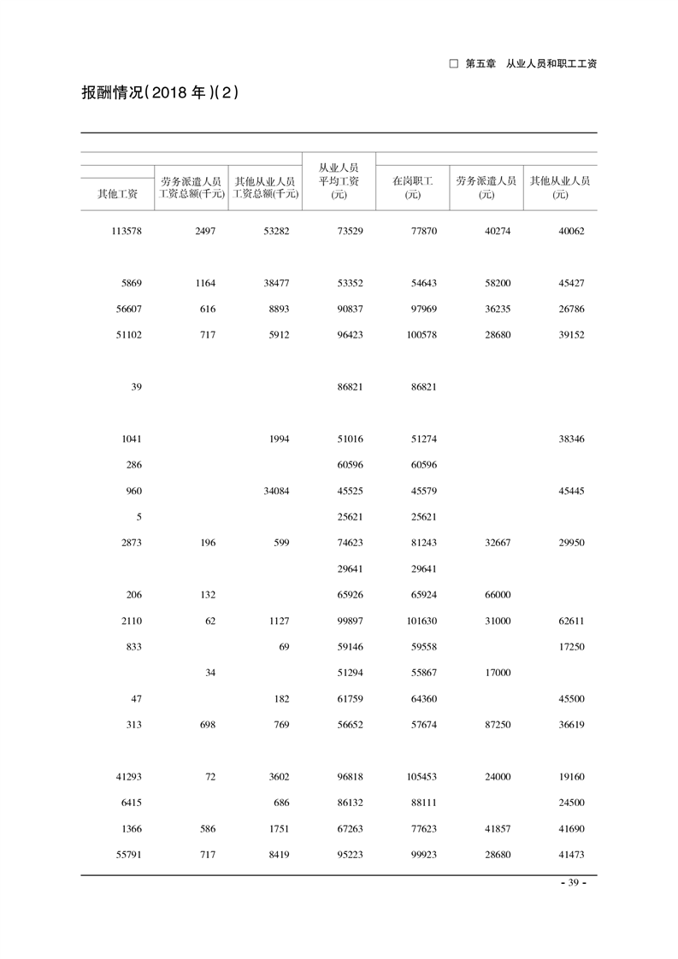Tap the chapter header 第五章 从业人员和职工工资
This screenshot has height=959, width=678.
click(523, 63)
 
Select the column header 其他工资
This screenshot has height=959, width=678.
click(118, 194)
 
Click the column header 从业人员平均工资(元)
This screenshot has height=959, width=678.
click(339, 181)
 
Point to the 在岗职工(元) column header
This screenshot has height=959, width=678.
click(413, 187)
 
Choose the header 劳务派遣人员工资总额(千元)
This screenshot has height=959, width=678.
click(192, 187)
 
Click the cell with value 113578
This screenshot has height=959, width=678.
click(126, 231)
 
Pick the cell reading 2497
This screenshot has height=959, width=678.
click(204, 231)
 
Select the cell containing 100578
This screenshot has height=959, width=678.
click(420, 335)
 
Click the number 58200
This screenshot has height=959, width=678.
click(496, 283)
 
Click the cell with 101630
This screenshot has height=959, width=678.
click(420, 621)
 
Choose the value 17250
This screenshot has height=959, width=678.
click(570, 647)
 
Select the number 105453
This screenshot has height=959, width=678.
click(420, 777)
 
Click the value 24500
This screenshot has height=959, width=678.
click(570, 803)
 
